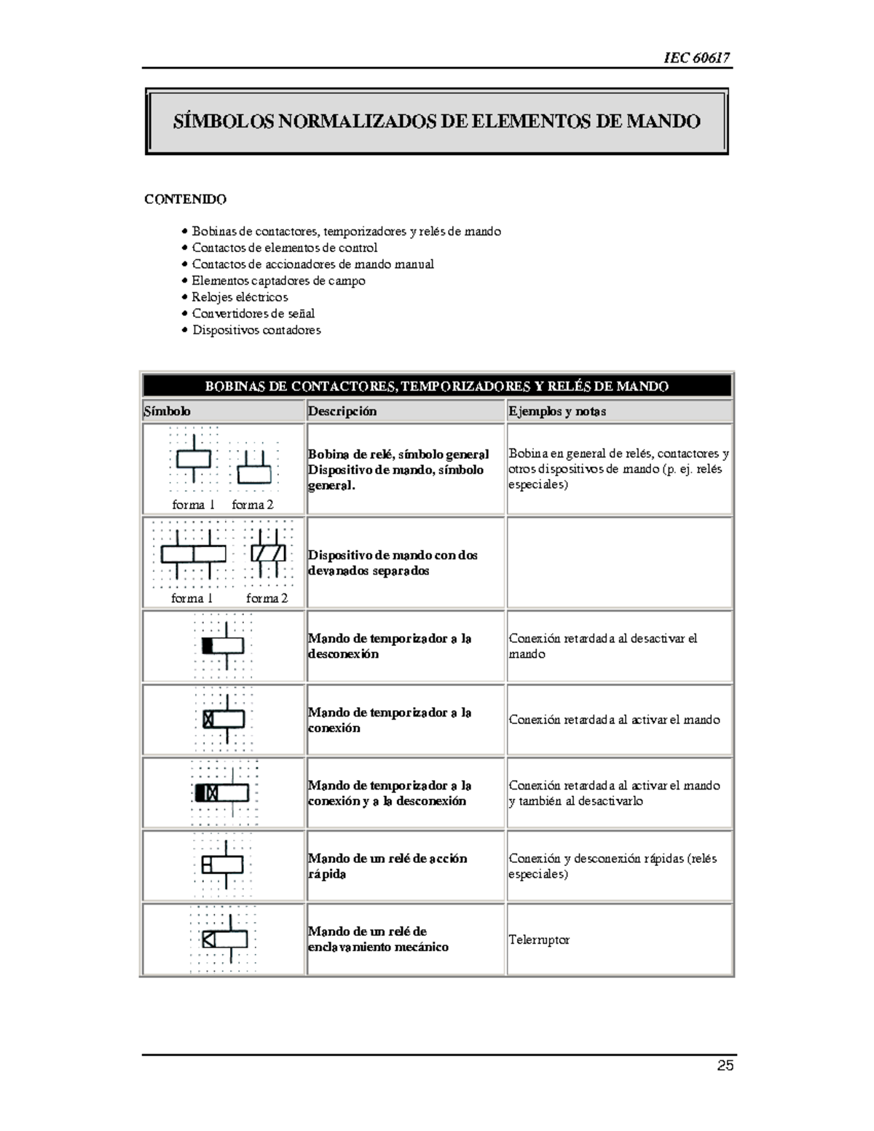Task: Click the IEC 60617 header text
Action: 696,58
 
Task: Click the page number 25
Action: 725,1065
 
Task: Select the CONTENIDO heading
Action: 185,199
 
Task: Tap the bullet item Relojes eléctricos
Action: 240,297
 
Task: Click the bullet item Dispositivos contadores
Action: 256,330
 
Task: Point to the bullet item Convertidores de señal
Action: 253,313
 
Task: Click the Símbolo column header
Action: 168,411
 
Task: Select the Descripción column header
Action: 342,411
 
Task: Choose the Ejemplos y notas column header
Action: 557,411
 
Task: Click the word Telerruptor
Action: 539,939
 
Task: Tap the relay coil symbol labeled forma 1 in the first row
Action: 194,460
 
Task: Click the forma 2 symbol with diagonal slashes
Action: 268,553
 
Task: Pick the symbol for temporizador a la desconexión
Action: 223,645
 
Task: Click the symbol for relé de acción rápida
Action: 223,865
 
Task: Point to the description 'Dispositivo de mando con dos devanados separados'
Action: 392,563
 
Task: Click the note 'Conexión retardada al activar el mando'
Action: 614,720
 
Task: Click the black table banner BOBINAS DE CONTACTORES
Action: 436,386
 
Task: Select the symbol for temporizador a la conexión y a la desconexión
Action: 223,792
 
